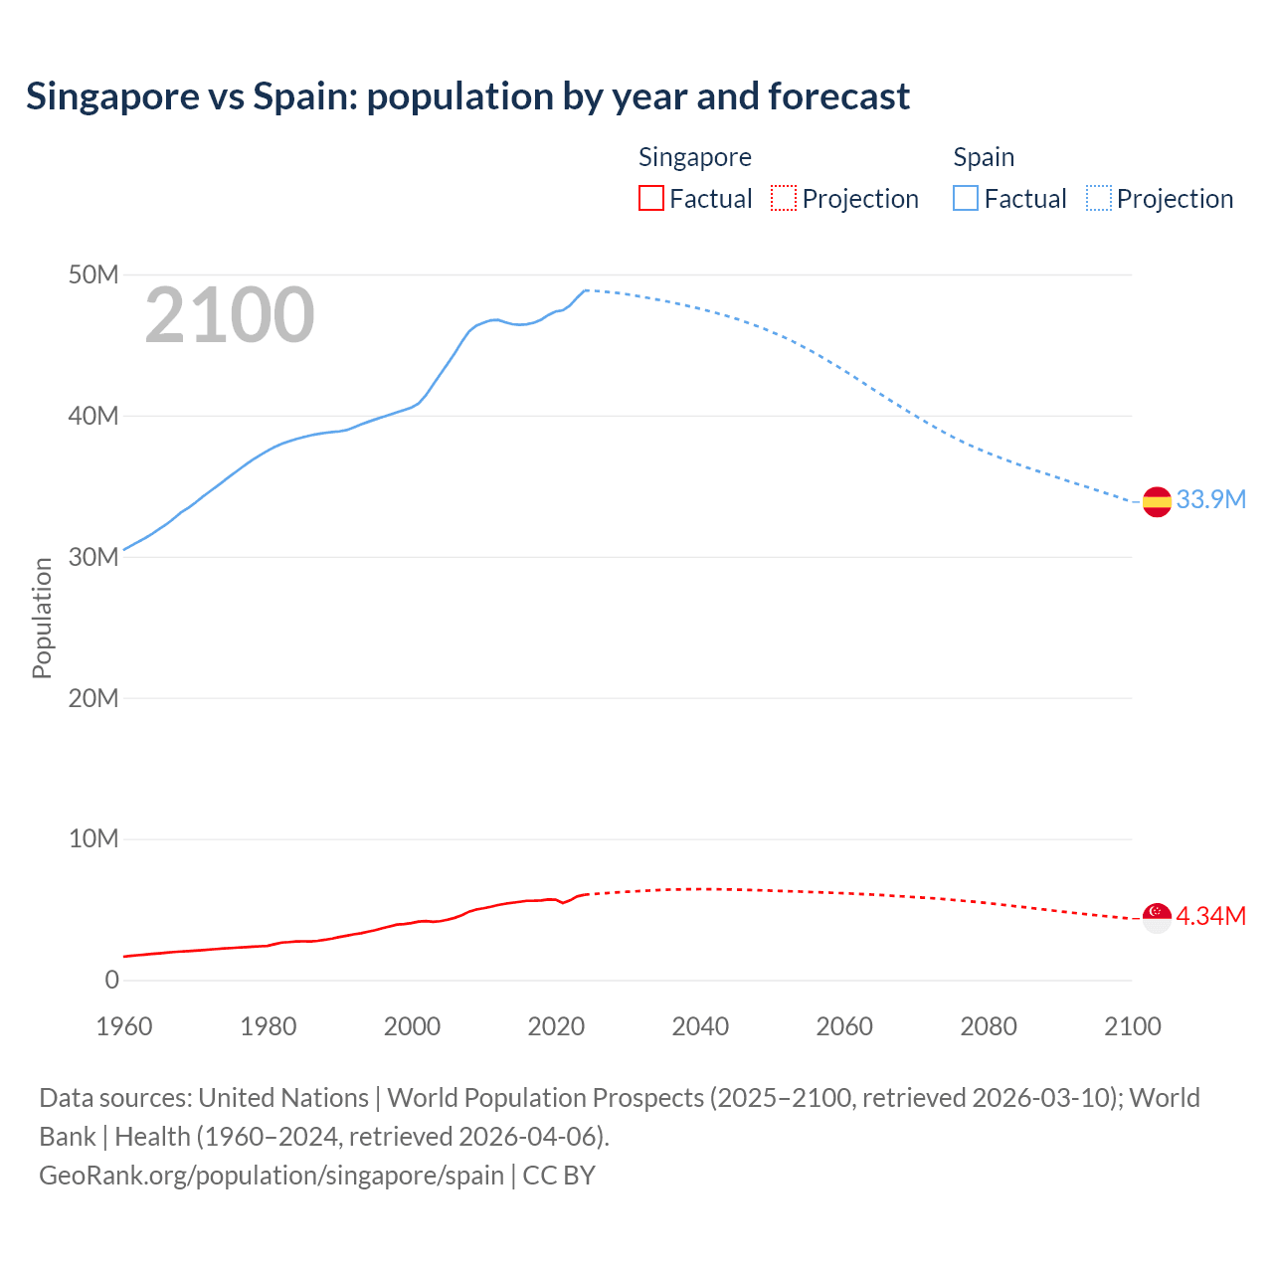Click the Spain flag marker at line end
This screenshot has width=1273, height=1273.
1157,502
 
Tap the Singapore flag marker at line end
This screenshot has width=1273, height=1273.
1157,918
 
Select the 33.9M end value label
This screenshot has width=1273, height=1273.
1210,499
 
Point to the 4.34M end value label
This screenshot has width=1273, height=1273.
1210,916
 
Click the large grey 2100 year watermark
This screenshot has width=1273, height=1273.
230,315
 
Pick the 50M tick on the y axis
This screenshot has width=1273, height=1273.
93,274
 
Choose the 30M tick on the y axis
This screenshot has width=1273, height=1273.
93,557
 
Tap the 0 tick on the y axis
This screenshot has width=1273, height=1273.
111,980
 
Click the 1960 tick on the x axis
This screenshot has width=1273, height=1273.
124,1026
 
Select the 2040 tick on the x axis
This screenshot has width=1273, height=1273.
700,1026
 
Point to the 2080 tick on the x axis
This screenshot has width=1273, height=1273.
989,1026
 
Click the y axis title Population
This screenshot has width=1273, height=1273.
42,618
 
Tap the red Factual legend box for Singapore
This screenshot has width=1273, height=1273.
650,199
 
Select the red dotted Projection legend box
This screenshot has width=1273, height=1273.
784,199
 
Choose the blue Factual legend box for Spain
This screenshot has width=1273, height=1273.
966,199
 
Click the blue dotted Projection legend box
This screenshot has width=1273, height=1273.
1099,199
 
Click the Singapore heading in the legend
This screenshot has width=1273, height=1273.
694,157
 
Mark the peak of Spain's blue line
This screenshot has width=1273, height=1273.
586,290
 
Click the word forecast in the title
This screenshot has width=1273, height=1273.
838,96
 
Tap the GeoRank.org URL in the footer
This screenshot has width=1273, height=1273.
272,1175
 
